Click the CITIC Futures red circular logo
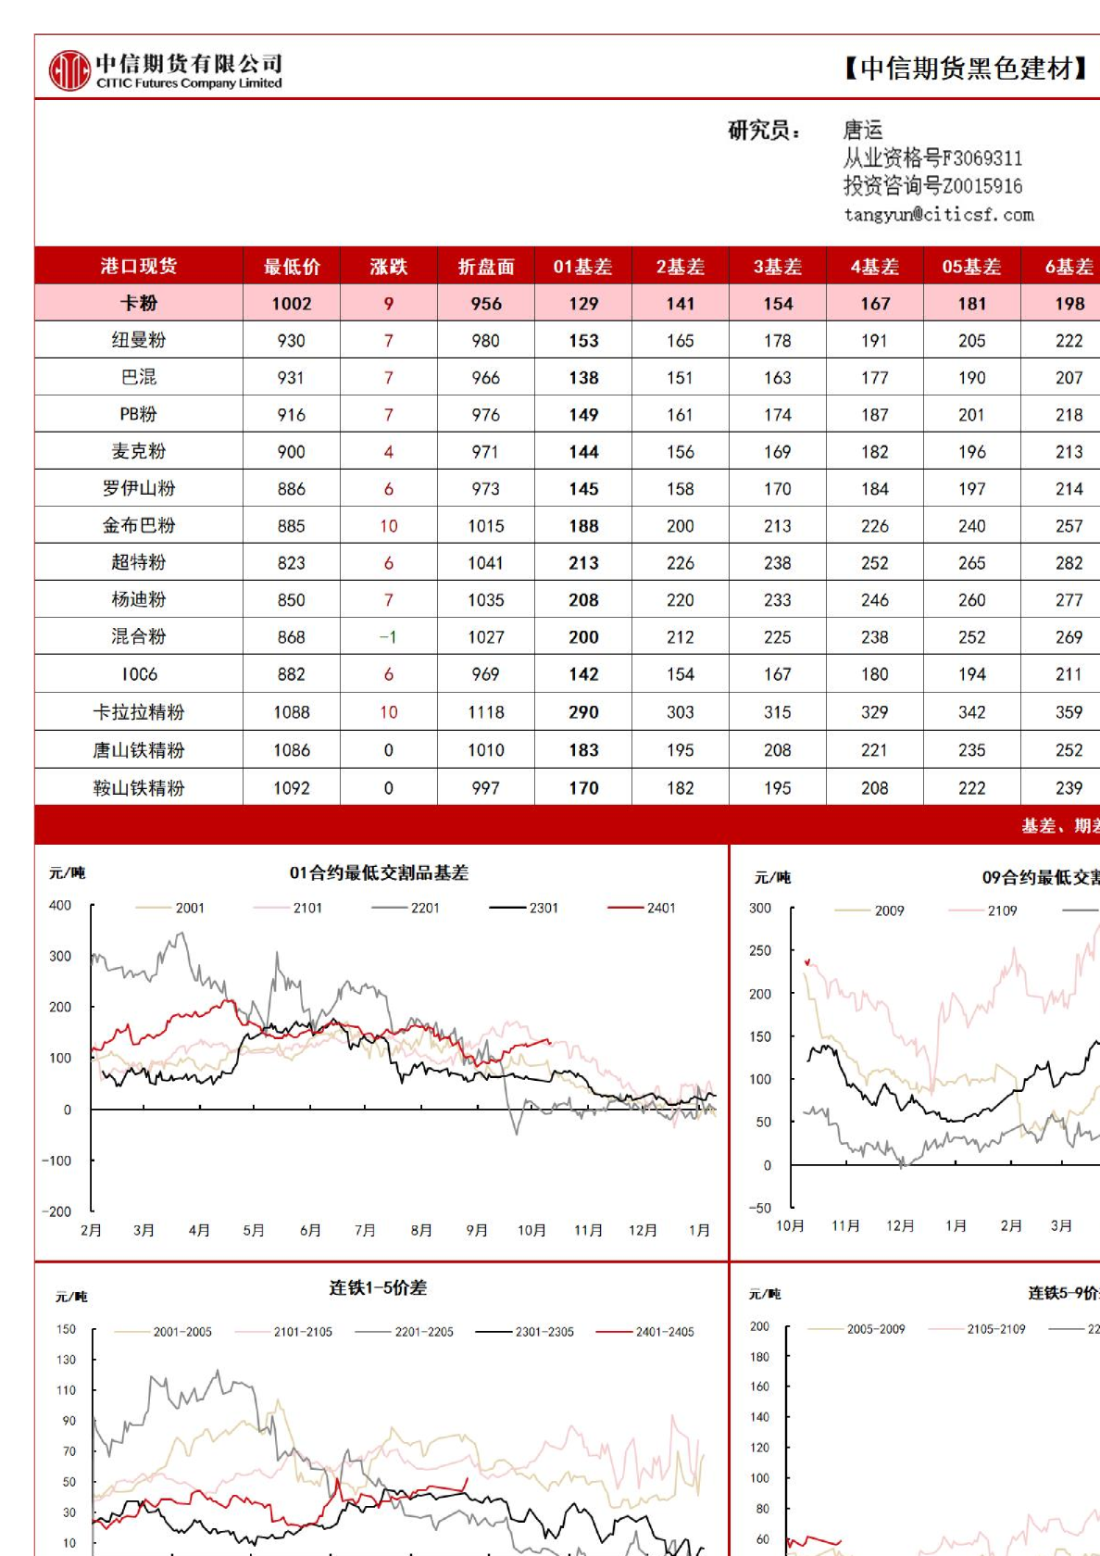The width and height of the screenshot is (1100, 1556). pos(69,70)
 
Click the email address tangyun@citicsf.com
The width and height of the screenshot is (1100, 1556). pos(938,215)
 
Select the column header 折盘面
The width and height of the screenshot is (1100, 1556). pos(485,267)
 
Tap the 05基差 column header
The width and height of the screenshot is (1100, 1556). pos(971,267)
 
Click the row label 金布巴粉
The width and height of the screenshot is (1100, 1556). pos(139,526)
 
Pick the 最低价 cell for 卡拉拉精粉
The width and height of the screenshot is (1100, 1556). pos(292,712)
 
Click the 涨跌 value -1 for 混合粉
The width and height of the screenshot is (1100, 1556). pos(388,637)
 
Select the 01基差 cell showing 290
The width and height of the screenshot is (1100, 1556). pos(583,712)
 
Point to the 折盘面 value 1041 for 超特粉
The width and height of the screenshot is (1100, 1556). pos(485,563)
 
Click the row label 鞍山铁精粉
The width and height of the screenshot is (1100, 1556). pos(139,788)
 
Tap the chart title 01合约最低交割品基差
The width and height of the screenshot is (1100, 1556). pos(379,872)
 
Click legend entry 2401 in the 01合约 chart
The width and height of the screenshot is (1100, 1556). pos(660,908)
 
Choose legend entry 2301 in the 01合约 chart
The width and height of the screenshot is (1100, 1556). pos(543,908)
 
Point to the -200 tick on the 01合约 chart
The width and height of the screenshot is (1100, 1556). pos(57,1211)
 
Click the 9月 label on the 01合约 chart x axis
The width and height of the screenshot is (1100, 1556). pos(477,1230)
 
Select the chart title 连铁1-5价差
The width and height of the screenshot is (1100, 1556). pos(378,1287)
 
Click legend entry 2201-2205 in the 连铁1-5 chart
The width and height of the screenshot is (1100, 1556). pos(423,1332)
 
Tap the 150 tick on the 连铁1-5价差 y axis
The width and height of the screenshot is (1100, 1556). pos(67,1329)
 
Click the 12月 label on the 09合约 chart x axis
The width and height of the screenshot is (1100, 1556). pos(900,1225)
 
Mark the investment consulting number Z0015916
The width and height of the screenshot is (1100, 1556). pos(982,186)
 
